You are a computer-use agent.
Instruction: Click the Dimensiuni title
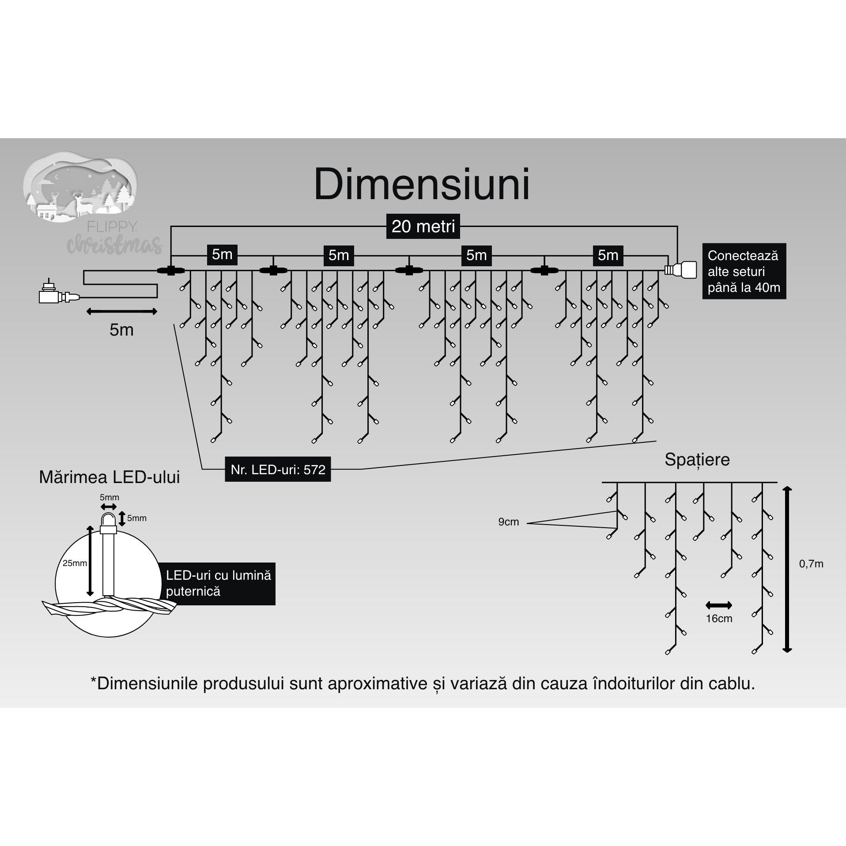click(x=422, y=185)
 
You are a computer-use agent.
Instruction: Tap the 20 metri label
click(x=423, y=227)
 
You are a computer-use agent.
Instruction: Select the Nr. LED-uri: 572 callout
click(x=278, y=469)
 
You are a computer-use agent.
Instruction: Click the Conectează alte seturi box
click(x=744, y=271)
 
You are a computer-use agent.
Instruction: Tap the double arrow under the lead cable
click(x=121, y=312)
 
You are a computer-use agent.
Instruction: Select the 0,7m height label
click(x=811, y=564)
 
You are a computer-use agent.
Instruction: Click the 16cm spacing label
click(x=719, y=619)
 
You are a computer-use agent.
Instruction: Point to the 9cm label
click(x=508, y=522)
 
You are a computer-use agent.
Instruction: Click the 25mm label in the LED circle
click(x=74, y=563)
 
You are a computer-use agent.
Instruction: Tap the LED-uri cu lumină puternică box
click(x=218, y=584)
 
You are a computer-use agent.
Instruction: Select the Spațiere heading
click(x=697, y=460)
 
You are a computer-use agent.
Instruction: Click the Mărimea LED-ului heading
click(x=110, y=477)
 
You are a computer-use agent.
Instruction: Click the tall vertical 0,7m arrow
click(x=787, y=570)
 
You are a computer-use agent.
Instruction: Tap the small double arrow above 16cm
click(x=719, y=605)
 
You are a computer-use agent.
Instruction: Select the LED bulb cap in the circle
click(x=108, y=522)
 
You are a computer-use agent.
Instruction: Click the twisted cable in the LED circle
click(x=108, y=607)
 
